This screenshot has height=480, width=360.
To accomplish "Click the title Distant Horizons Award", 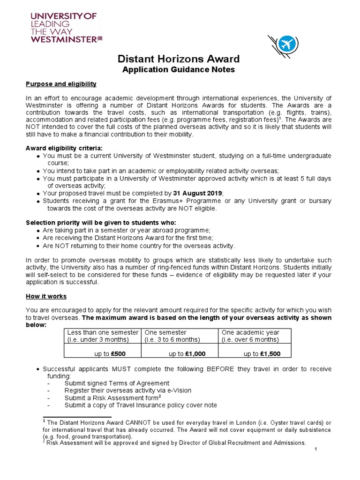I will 178,59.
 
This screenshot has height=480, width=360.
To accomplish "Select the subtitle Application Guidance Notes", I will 178,70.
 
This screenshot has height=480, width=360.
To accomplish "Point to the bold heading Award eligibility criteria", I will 64,149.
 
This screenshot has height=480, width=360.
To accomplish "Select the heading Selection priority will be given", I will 101,222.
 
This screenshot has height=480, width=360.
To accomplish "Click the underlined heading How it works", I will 46,296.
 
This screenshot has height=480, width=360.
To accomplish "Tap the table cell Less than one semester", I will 103,332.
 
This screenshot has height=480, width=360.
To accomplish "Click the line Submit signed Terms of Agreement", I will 117,383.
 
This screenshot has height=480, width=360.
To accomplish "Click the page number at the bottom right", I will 316,450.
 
